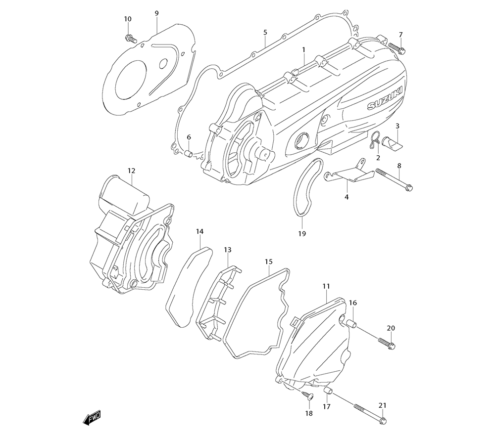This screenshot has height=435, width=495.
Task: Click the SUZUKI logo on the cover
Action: coord(385,99)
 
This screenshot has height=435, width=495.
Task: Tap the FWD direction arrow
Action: coord(92,419)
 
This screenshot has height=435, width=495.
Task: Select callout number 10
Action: coord(128,19)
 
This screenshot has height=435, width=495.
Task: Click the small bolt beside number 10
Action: coord(131,38)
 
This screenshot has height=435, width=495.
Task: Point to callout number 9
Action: coord(156,13)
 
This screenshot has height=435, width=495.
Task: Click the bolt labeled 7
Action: coord(396,47)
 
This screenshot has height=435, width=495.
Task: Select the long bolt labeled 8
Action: coord(394,179)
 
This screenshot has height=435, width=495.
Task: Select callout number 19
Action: coord(302,233)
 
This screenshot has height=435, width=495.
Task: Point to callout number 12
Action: coord(131,171)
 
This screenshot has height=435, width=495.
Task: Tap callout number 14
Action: coord(199,231)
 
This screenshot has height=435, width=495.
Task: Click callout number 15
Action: coord(268,261)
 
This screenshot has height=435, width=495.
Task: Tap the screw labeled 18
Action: coord(306,395)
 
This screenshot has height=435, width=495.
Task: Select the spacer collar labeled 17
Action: coord(327,392)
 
